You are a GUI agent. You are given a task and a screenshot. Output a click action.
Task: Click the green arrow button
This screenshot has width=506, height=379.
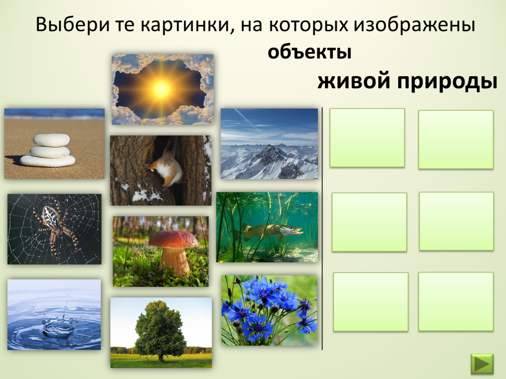pyautogui.click(x=482, y=363)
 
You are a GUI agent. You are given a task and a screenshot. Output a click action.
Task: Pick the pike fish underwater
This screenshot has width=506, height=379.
pyautogui.click(x=270, y=230)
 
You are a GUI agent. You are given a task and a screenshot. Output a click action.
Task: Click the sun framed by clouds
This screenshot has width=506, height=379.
pyautogui.click(x=161, y=88)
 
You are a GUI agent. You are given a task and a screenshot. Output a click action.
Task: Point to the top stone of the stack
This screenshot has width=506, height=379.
pyautogui.click(x=51, y=140)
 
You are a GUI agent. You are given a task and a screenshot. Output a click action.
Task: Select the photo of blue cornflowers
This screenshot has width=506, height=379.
pyautogui.click(x=269, y=310)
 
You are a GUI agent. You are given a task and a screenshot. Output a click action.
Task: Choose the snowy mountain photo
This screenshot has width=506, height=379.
pyautogui.click(x=269, y=144)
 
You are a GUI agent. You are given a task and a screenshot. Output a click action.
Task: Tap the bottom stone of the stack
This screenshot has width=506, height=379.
pyautogui.click(x=48, y=160)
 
